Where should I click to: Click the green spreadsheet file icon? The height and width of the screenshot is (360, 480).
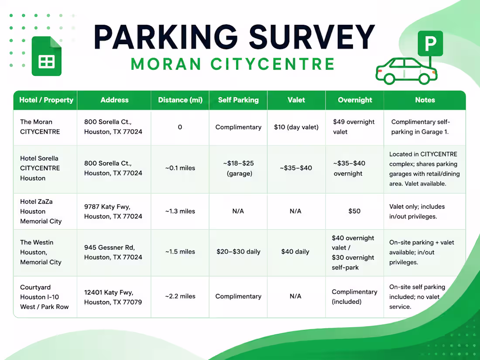(x=47, y=56)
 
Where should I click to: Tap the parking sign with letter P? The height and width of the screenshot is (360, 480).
(x=430, y=44)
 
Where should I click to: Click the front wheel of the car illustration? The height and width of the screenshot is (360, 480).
(x=424, y=79)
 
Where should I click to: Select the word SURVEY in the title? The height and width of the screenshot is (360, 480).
(x=312, y=37)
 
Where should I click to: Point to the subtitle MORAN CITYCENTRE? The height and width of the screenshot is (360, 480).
(x=233, y=64)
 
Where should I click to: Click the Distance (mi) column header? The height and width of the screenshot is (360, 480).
(x=180, y=100)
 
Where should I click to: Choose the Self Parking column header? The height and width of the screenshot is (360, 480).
(x=238, y=100)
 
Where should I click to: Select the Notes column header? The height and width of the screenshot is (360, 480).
(x=425, y=100)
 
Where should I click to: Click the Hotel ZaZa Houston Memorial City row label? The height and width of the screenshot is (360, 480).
(x=41, y=211)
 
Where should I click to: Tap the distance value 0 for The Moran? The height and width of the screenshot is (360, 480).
(x=180, y=127)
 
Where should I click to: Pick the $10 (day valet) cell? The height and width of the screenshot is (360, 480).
(x=296, y=127)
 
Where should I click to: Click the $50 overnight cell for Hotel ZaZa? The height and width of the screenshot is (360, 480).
(x=354, y=211)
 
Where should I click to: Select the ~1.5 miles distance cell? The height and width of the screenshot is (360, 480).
(x=180, y=252)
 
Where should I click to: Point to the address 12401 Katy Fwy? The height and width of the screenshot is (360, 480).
(x=109, y=292)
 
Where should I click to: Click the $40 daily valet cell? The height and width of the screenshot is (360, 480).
(x=295, y=252)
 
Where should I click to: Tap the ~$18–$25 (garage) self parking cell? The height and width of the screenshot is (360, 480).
(x=239, y=168)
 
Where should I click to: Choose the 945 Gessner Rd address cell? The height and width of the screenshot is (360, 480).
(x=113, y=252)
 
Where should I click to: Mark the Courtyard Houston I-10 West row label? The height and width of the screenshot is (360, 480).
(x=45, y=297)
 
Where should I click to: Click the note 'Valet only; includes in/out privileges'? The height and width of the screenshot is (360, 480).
(x=417, y=212)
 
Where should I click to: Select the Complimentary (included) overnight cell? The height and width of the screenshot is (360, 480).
(x=354, y=297)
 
